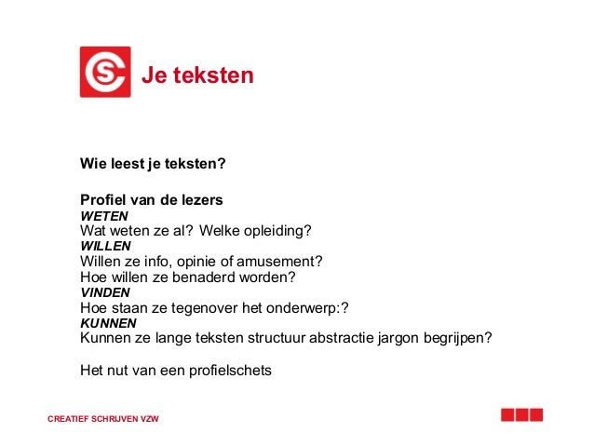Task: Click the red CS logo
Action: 104,73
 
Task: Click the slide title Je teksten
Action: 197,75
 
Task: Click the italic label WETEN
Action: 104,216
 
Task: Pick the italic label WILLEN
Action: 106,247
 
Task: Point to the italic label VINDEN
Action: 105,291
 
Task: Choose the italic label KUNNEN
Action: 108,322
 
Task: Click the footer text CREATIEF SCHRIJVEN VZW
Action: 103,419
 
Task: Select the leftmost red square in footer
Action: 507,415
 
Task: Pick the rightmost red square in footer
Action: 536,415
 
